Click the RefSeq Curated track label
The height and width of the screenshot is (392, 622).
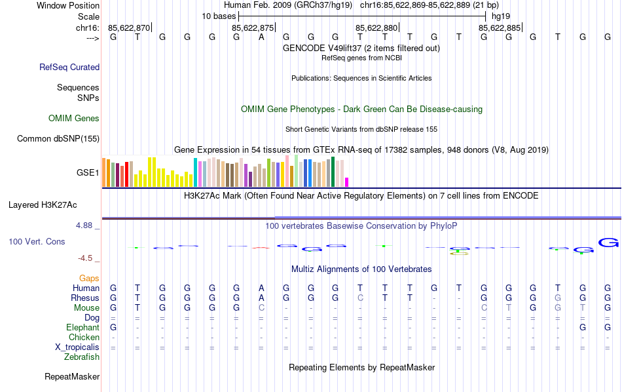(69, 67)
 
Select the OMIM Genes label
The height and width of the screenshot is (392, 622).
(74, 119)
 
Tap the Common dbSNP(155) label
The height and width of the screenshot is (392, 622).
(58, 138)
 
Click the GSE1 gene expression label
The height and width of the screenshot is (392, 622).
(88, 173)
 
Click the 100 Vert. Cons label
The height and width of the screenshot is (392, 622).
(37, 242)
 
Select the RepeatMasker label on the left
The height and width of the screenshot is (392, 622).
(72, 377)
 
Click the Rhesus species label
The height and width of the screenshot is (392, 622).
(84, 298)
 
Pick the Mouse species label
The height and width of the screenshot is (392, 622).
(86, 308)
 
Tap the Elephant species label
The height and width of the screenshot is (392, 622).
(82, 328)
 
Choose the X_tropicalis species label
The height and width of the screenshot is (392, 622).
(77, 347)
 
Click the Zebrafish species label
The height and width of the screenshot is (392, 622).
(82, 357)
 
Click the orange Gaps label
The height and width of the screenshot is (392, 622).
(89, 279)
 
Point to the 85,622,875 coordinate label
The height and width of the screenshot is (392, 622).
(253, 28)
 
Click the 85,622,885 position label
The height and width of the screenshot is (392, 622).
(500, 28)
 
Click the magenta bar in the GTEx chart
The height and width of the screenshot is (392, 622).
(347, 182)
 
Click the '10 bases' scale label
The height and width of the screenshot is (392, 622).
(218, 16)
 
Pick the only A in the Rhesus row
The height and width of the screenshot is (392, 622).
(261, 298)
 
